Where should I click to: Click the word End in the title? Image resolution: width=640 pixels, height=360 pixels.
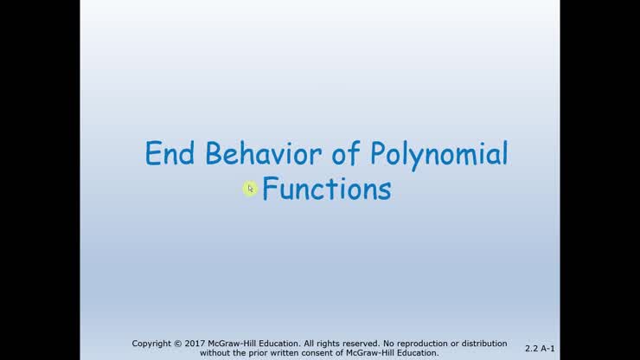coord(170,154)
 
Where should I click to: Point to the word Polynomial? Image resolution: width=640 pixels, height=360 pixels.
coord(438,156)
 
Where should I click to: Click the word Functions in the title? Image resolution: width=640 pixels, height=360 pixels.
coord(326,189)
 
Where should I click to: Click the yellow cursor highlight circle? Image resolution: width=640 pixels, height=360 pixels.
coord(250,189)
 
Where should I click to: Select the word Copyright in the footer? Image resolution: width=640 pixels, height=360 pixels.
coord(153,344)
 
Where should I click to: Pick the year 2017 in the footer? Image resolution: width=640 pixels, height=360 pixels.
coord(196,344)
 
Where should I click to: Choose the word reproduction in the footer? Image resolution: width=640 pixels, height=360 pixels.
coord(426,344)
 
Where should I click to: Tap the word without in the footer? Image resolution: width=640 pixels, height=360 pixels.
coord(215,353)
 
